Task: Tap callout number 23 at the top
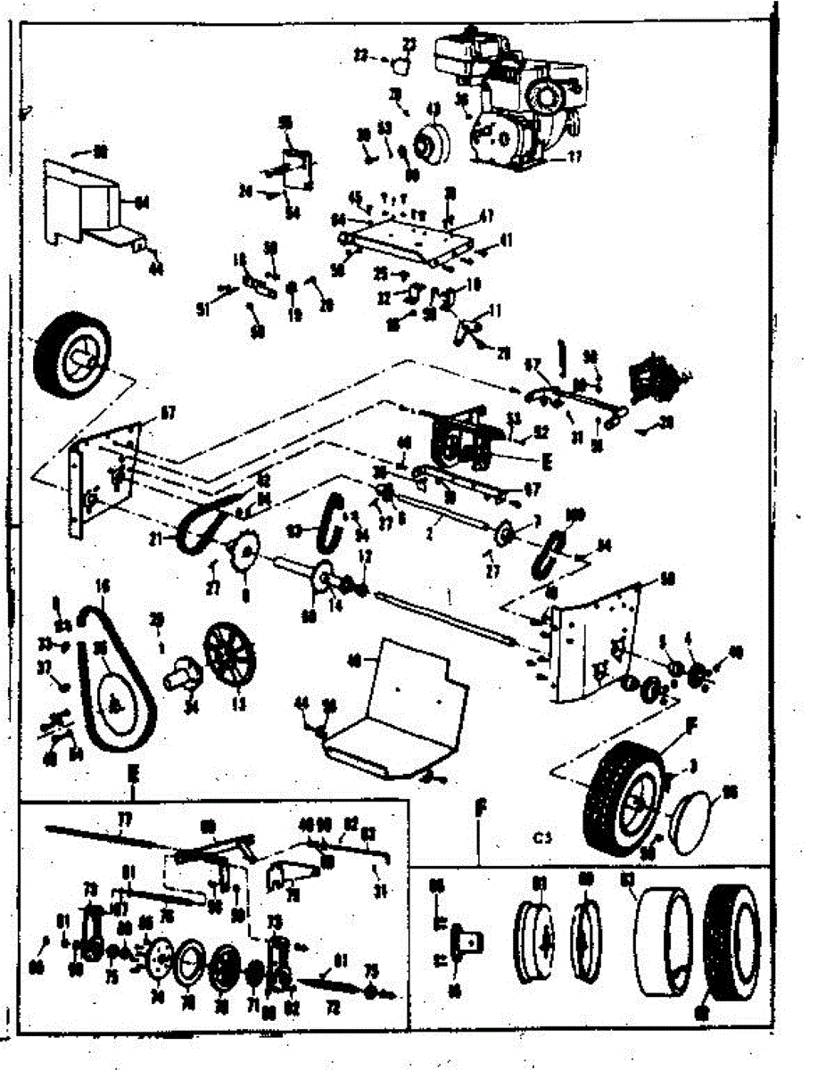coord(409,43)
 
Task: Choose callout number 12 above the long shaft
coord(363,556)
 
